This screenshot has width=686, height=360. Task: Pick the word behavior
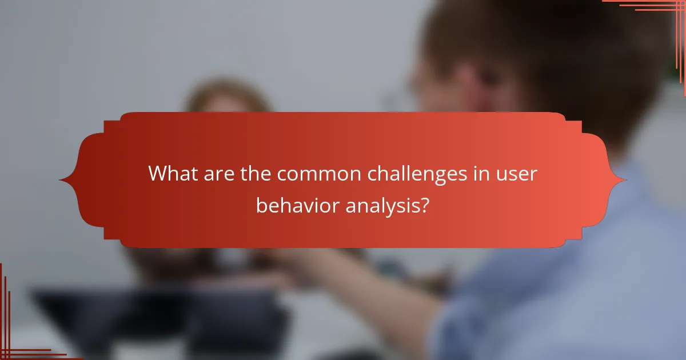297,206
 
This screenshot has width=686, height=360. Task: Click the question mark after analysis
425,206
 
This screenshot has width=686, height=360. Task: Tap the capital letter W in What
158,174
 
